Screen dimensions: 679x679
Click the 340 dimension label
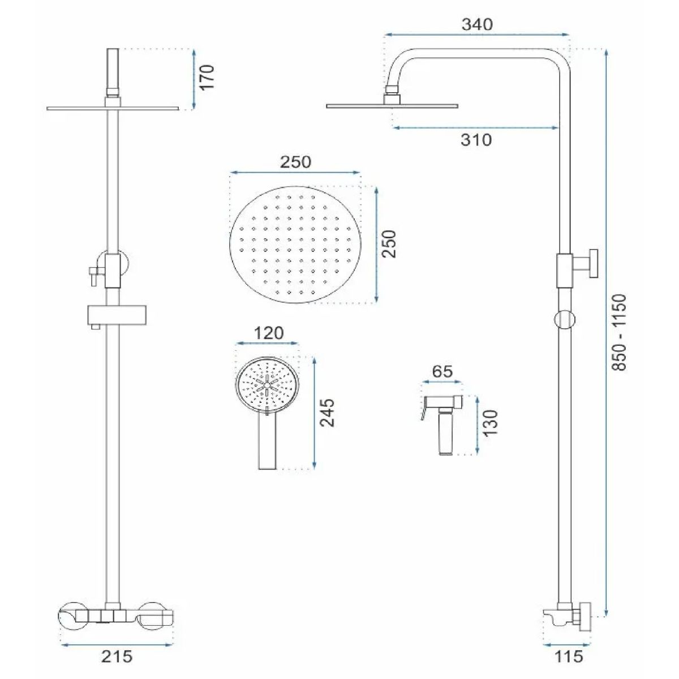pyautogui.click(x=477, y=25)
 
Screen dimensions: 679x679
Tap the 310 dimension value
pyautogui.click(x=476, y=140)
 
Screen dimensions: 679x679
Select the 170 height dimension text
pyautogui.click(x=207, y=78)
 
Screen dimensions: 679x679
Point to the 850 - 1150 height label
pyautogui.click(x=619, y=332)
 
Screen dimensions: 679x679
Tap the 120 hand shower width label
pyautogui.click(x=269, y=333)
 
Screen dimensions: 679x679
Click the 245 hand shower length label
pyautogui.click(x=328, y=412)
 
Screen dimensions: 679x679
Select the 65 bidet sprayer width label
pyautogui.click(x=442, y=371)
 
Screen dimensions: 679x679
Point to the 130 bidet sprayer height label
pyautogui.click(x=490, y=423)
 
